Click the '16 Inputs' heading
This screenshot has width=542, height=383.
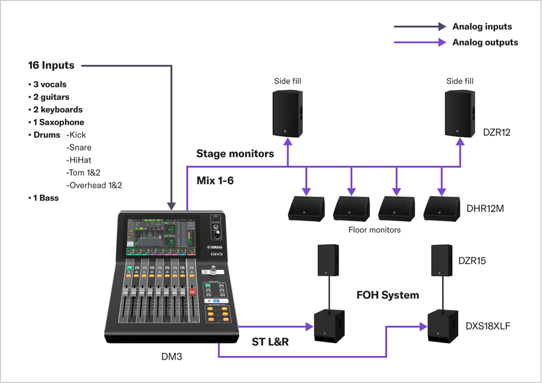pos(51,65)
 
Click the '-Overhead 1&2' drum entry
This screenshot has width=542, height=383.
pos(94,185)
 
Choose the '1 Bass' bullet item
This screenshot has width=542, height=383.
pos(43,198)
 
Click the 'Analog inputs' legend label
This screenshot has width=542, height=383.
pos(482,26)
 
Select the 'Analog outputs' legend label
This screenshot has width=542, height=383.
pos(485,42)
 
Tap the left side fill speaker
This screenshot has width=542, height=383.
pos(287,114)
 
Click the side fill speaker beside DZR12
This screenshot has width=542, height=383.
pos(460,114)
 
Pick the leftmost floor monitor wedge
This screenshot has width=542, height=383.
pos(307,208)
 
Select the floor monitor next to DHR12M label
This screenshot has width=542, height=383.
pos(441,208)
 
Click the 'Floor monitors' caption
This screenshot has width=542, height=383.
pos(375,230)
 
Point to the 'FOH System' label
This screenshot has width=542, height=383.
pos(387,295)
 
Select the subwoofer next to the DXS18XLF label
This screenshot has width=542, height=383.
pos(443,328)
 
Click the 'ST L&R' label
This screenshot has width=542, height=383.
pos(270,342)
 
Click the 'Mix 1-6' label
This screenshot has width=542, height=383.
pos(215,180)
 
